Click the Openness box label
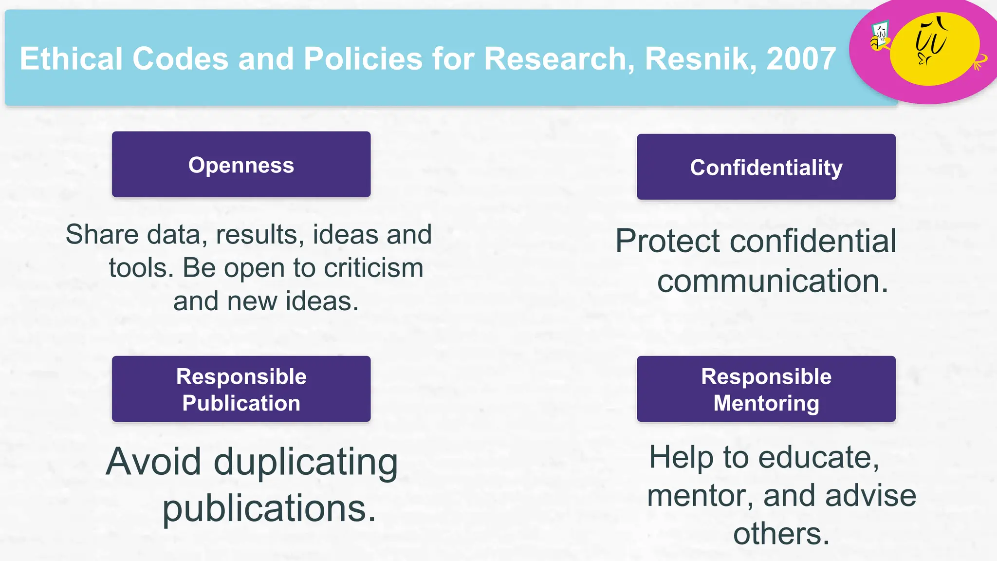[x=241, y=165]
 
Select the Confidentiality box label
[x=766, y=168]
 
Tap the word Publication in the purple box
[x=241, y=403]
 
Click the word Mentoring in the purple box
[x=766, y=403]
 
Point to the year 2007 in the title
[x=801, y=59]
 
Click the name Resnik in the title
[x=700, y=59]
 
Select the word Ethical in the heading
[x=71, y=59]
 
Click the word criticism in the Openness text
[x=373, y=268]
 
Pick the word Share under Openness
[x=102, y=235]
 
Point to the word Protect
[x=674, y=241]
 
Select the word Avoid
[x=153, y=461]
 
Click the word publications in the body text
[x=269, y=508]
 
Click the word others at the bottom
[x=781, y=534]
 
